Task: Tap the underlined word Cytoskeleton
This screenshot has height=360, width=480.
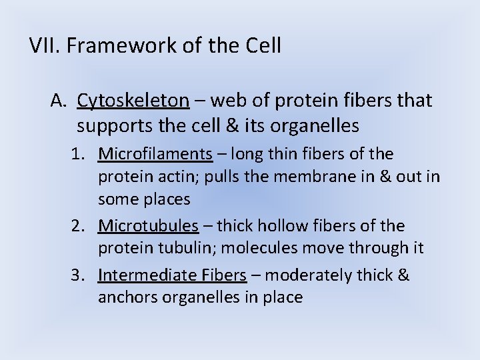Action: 133,101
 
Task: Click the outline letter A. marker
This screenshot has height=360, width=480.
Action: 60,101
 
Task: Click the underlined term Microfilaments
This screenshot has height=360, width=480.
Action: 155,154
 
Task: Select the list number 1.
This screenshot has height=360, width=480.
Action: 80,154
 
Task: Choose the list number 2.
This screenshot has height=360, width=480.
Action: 80,226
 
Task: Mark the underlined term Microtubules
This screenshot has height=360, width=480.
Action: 148,226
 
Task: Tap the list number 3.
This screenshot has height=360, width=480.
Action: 80,275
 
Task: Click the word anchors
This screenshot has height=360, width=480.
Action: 124,297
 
